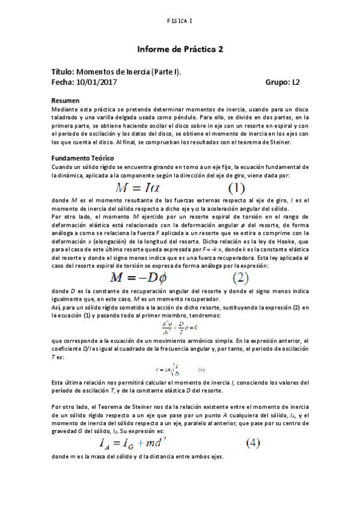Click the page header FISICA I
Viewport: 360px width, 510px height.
coord(180,22)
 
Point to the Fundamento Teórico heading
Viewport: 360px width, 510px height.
coord(83,158)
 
